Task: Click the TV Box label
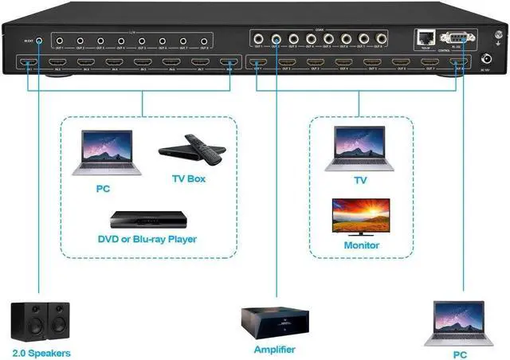click(189, 178)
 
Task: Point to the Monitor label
click(361, 245)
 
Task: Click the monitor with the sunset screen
click(361, 216)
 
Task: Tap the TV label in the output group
click(361, 181)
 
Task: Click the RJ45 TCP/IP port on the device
click(422, 36)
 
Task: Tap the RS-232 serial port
click(455, 36)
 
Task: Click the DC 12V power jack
click(488, 59)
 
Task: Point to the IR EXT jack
click(39, 38)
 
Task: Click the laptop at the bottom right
click(457, 322)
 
